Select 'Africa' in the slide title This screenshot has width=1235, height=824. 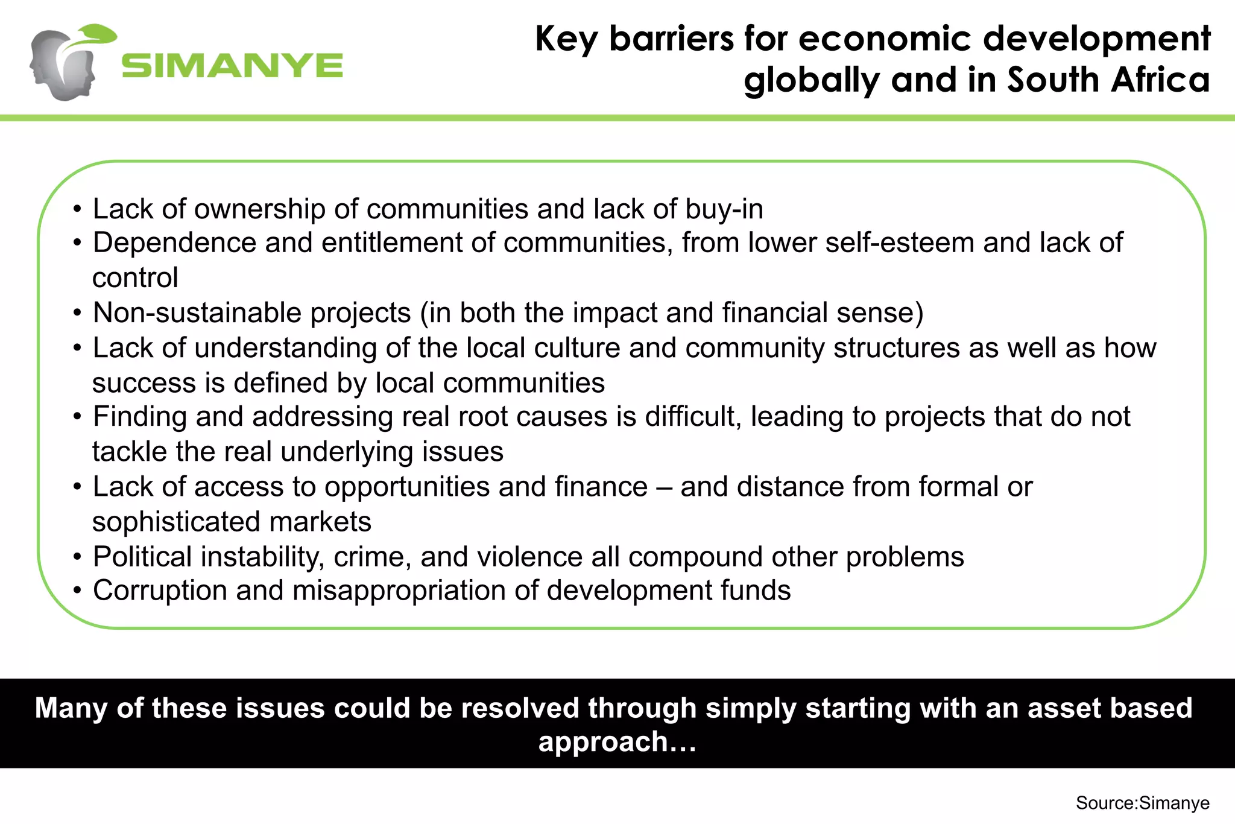[1160, 80]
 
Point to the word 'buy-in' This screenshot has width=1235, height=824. [724, 209]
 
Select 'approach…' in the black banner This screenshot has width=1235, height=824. [617, 741]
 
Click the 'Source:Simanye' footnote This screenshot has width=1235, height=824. [1142, 803]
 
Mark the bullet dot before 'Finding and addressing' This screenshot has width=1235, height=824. [77, 417]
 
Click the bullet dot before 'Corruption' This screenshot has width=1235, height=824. [77, 591]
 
